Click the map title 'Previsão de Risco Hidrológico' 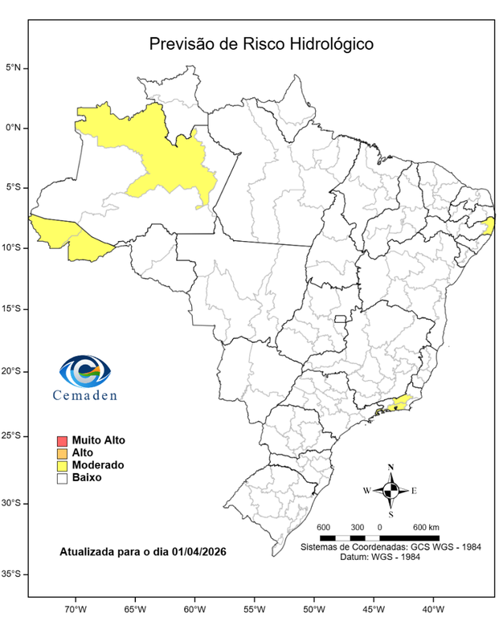point(260,43)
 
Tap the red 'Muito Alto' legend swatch point(61,441)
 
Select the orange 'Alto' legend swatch point(61,453)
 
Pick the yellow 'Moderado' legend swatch point(61,465)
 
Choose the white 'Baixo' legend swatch point(61,477)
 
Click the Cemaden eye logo point(85,371)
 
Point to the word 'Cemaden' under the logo point(85,394)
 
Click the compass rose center point(391,489)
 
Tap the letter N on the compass point(391,468)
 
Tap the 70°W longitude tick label point(76,607)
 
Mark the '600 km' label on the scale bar point(426,527)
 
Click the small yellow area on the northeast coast point(487,227)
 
